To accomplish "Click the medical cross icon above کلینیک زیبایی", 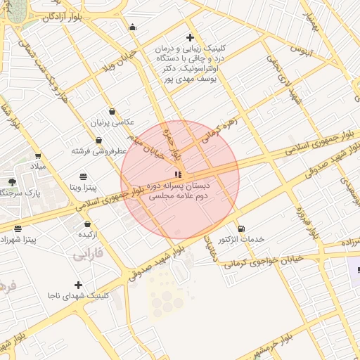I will (190, 37).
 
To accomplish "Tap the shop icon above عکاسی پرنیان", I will (112, 111).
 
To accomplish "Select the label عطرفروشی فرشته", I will (98, 150).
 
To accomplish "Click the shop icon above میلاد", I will (37, 156).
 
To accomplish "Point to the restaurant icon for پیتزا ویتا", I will (84, 176).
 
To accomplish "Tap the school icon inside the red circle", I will (179, 174).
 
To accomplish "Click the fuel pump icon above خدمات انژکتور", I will (242, 229).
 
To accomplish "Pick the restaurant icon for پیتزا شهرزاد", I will (18, 229).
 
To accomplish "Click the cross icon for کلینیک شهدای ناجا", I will (78, 285).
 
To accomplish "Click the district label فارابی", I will (88, 255).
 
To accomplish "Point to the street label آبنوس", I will (300, 51).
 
